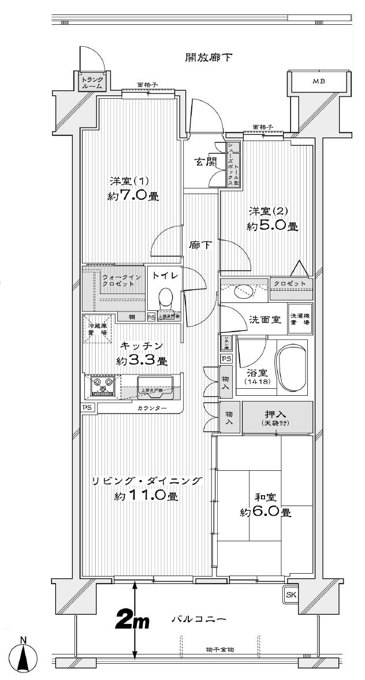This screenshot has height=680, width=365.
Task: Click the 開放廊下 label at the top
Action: pos(208,57)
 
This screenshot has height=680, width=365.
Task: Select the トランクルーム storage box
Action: pos(92,83)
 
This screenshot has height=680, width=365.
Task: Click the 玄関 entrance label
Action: pos(204,162)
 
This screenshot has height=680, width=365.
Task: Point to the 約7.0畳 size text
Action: pos(133,196)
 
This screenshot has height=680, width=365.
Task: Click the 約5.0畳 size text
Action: pos(272,226)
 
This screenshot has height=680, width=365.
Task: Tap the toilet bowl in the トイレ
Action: pos(165,298)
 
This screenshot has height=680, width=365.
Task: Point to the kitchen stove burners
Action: pos(102,385)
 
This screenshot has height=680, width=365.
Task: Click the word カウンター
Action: pos(152,408)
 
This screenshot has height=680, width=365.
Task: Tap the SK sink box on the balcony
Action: pos(290,593)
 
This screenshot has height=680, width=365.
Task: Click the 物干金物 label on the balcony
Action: pos(220,650)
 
